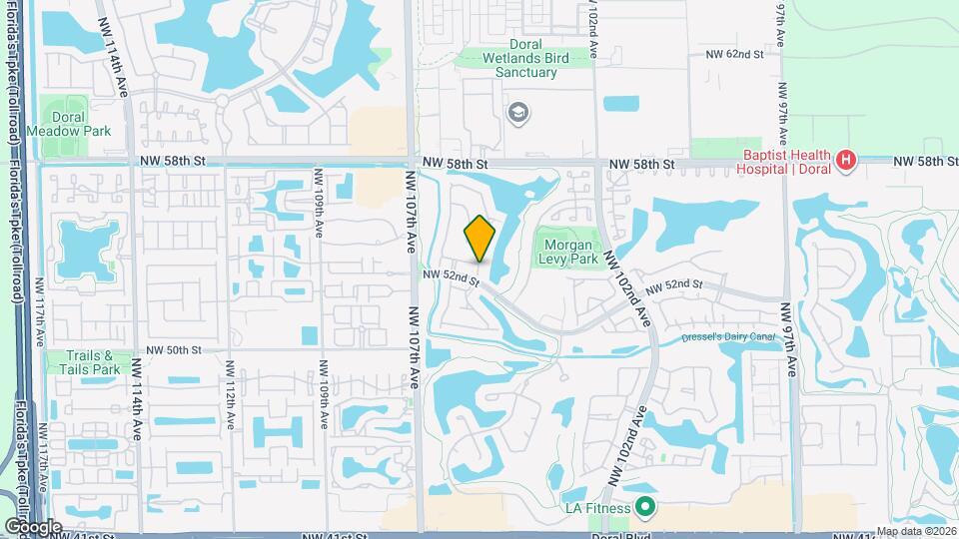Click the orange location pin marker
[x=479, y=239]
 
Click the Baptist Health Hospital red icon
[x=845, y=160]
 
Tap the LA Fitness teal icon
[x=645, y=508]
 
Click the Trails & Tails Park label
[x=98, y=362]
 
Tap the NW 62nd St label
[x=734, y=54]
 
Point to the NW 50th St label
[x=174, y=350]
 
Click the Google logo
[x=33, y=526]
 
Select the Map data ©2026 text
[x=915, y=531]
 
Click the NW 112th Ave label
[x=230, y=394]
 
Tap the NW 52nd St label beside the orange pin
[x=452, y=278]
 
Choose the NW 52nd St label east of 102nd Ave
[x=674, y=286]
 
